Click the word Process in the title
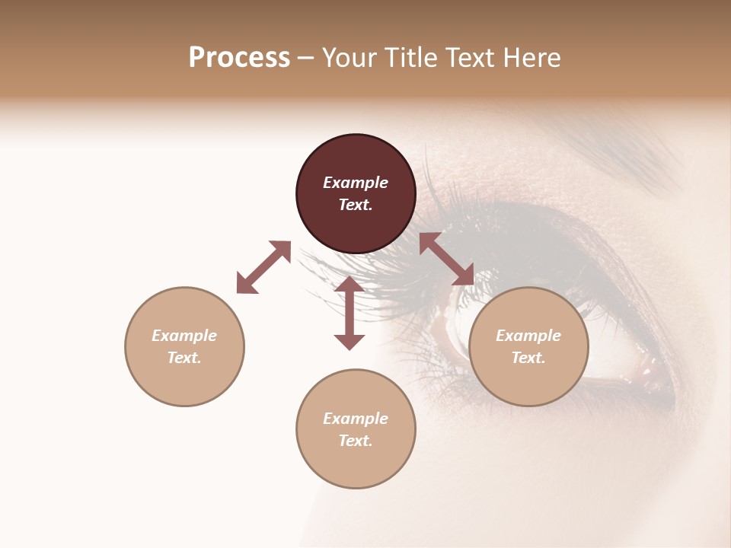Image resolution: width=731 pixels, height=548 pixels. [239, 58]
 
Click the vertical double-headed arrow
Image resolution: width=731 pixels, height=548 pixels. [350, 313]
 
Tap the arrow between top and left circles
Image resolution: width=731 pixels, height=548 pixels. [263, 267]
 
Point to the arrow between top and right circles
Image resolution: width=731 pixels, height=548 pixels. [446, 259]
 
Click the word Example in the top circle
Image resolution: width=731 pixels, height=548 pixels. [356, 183]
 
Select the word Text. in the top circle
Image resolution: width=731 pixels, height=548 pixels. [356, 205]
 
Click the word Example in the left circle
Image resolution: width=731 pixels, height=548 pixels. [184, 336]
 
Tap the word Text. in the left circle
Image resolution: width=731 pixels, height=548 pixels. [184, 358]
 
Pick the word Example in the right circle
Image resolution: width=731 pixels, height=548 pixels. [528, 336]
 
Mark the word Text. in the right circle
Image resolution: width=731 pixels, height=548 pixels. [528, 358]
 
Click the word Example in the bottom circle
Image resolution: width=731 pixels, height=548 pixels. [356, 419]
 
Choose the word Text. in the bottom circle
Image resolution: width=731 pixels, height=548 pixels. [356, 441]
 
